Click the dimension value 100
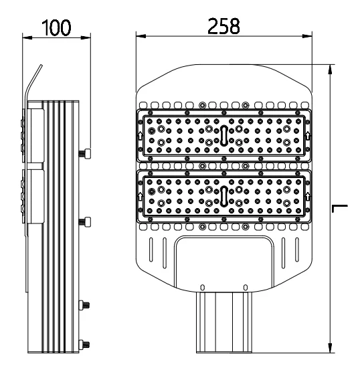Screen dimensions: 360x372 [56, 27]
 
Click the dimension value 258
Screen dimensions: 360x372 [223, 26]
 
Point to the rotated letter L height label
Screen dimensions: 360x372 [340, 208]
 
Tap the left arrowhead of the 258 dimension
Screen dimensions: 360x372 [141, 36]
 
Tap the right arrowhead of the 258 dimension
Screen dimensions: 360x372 [307, 36]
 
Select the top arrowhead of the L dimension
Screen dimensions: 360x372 [330, 70]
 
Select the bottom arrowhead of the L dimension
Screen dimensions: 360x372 [330, 348]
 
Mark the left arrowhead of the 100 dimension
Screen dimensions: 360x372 [27, 37]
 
